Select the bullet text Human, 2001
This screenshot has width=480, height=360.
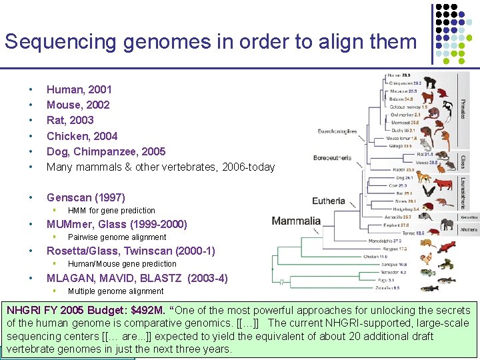79,89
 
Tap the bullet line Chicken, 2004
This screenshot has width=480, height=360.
81,136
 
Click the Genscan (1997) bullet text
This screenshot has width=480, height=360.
85,197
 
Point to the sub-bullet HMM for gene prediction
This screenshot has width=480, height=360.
111,211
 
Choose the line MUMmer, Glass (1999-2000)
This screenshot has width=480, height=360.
117,224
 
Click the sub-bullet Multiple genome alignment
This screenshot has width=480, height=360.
115,291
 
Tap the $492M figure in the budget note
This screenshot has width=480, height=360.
151,311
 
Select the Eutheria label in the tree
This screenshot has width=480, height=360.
329,201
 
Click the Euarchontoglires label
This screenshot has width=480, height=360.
337,131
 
